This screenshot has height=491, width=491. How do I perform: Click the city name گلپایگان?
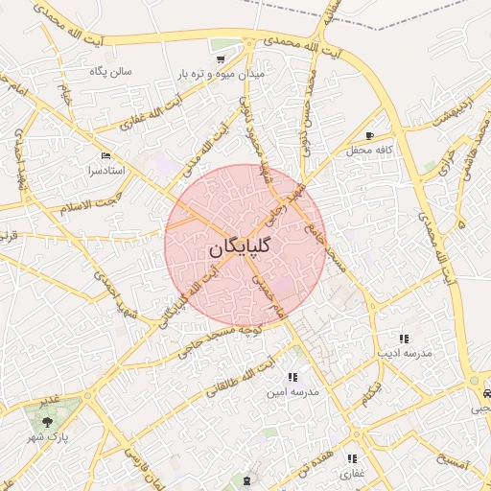pyautogui.click(x=239, y=247)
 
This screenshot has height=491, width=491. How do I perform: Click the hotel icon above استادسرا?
pyautogui.click(x=105, y=155)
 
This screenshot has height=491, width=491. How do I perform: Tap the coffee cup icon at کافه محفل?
pyautogui.click(x=370, y=136)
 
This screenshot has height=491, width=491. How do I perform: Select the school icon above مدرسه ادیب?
pyautogui.click(x=404, y=339)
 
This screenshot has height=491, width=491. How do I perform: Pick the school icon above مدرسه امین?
pyautogui.click(x=292, y=378)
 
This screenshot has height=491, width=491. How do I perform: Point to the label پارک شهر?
pyautogui.click(x=65, y=433)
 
